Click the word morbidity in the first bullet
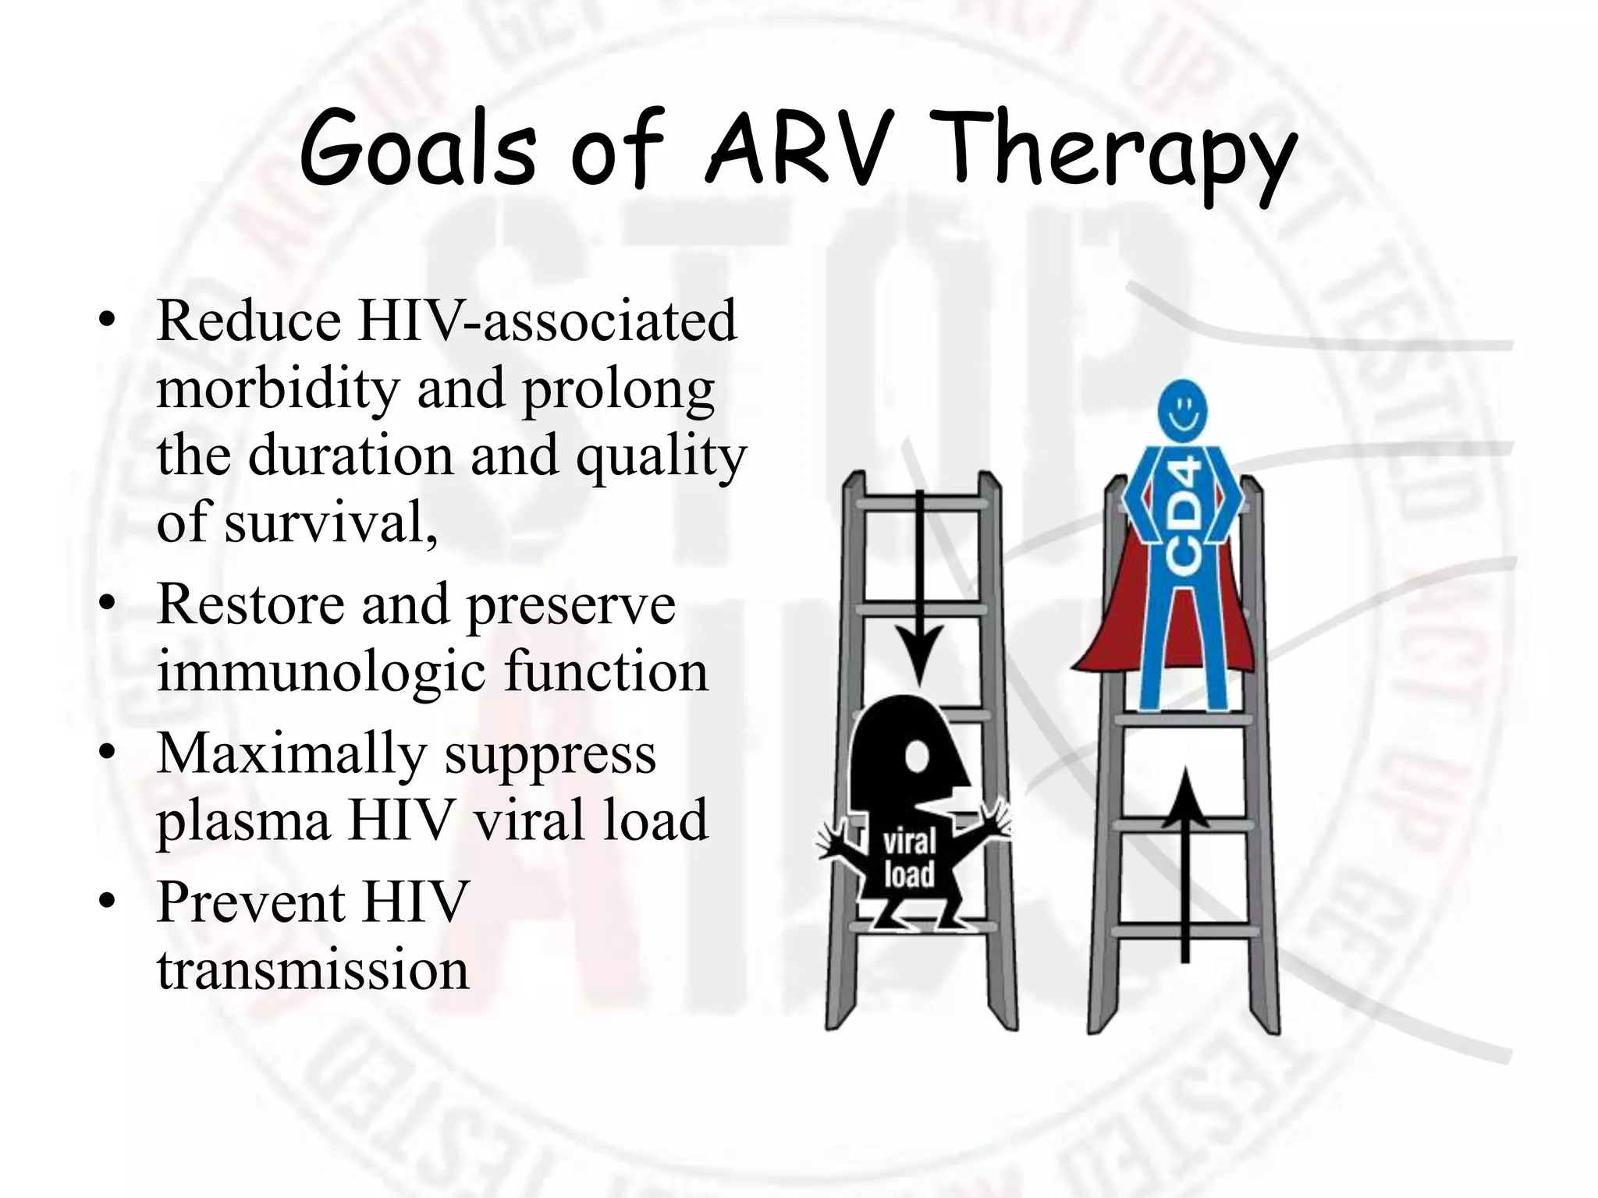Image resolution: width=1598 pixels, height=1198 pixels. coord(277,388)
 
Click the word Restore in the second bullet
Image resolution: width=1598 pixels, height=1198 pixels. coord(250,604)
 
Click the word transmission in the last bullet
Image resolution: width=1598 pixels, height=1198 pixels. coord(313,970)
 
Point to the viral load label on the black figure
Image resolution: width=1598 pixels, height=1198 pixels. coord(909,858)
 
